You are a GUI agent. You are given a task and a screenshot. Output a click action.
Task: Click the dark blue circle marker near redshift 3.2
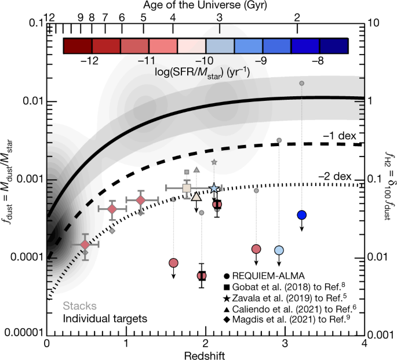coord(301,215)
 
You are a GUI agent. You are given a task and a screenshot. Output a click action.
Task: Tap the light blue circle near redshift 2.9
coord(279,250)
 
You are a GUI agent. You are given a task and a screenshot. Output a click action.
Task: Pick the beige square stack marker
coord(187,188)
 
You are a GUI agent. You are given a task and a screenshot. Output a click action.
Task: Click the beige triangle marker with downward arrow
coord(196,197)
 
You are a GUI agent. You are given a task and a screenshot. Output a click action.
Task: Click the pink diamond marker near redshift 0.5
coord(85,245)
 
